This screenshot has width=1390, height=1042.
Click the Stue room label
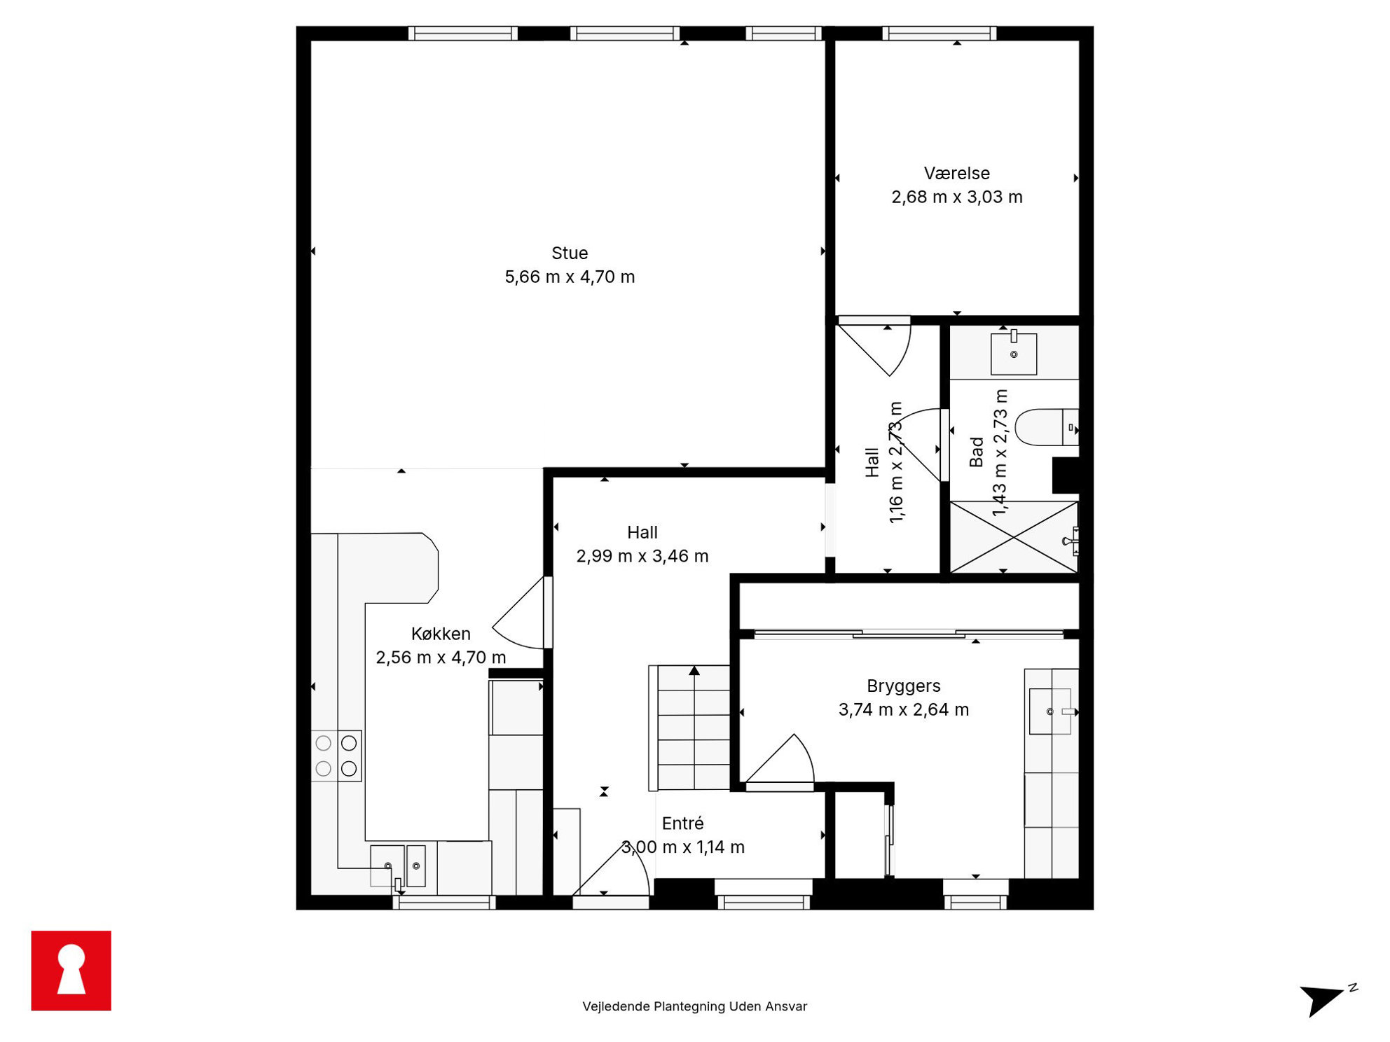coord(569,253)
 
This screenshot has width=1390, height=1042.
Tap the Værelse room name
coord(956,173)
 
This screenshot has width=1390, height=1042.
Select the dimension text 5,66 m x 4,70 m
coord(570,277)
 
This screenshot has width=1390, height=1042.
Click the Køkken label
coord(441,634)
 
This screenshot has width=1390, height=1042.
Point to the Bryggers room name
coord(903,686)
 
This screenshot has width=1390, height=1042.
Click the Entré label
coord(682,823)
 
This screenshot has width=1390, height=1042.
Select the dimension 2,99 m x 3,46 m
coord(642,556)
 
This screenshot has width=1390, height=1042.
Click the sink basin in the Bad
coord(1013,354)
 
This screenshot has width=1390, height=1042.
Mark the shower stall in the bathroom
coord(1014,537)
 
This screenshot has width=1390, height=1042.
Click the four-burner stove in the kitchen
coord(336,756)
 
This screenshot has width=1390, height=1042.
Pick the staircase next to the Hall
coord(690,728)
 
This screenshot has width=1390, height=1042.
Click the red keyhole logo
coord(71,971)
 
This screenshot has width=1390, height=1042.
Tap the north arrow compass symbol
coord(1326,999)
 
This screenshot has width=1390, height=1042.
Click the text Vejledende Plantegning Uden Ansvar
coord(694,1006)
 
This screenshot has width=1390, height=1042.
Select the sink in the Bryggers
coord(1050,711)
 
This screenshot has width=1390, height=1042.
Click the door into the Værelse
coord(874,347)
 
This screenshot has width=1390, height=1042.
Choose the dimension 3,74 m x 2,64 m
coord(904,709)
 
